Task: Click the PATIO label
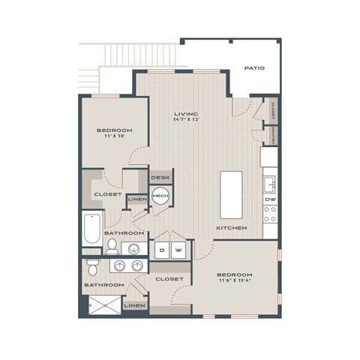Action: (253, 68)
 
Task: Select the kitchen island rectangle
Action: (232, 194)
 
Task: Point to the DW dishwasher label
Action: (269, 199)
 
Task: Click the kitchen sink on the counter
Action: (269, 183)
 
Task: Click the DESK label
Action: (160, 178)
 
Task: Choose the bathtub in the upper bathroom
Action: (92, 229)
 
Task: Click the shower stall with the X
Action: (100, 306)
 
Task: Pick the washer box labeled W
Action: (178, 250)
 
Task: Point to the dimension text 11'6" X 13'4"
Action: (235, 281)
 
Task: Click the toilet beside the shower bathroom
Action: (92, 267)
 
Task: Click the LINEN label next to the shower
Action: (134, 306)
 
